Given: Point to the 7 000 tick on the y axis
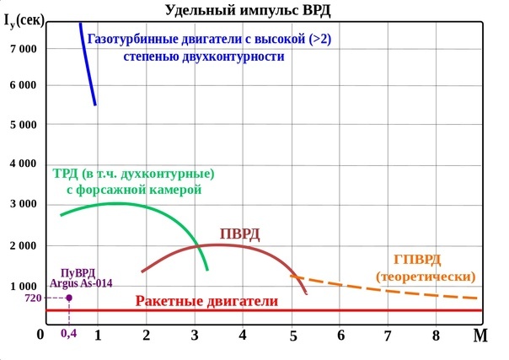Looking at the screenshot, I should point(22,48).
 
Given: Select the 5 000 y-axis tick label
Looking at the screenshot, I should point(22,125).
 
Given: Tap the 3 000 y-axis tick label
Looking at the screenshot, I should point(22,204).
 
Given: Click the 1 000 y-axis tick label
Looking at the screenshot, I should point(22,287).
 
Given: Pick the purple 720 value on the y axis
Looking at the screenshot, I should point(33,298).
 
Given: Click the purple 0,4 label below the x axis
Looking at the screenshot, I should point(69,332).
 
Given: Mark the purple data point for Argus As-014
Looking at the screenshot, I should point(69,298).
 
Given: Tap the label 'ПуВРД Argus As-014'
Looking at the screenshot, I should point(80,277).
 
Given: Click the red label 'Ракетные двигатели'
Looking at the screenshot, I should point(217,301).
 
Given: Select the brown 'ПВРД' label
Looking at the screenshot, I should point(239,234).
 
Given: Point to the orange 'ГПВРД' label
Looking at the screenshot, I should point(417,261).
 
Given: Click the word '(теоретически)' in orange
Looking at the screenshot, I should point(426,277).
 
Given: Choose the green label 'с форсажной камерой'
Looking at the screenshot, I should point(134,191).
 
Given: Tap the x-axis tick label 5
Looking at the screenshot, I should point(293,335).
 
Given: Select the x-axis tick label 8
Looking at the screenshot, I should point(436,335).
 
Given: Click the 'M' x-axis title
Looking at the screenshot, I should point(480,336).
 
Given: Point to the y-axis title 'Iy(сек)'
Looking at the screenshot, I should point(23,19).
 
